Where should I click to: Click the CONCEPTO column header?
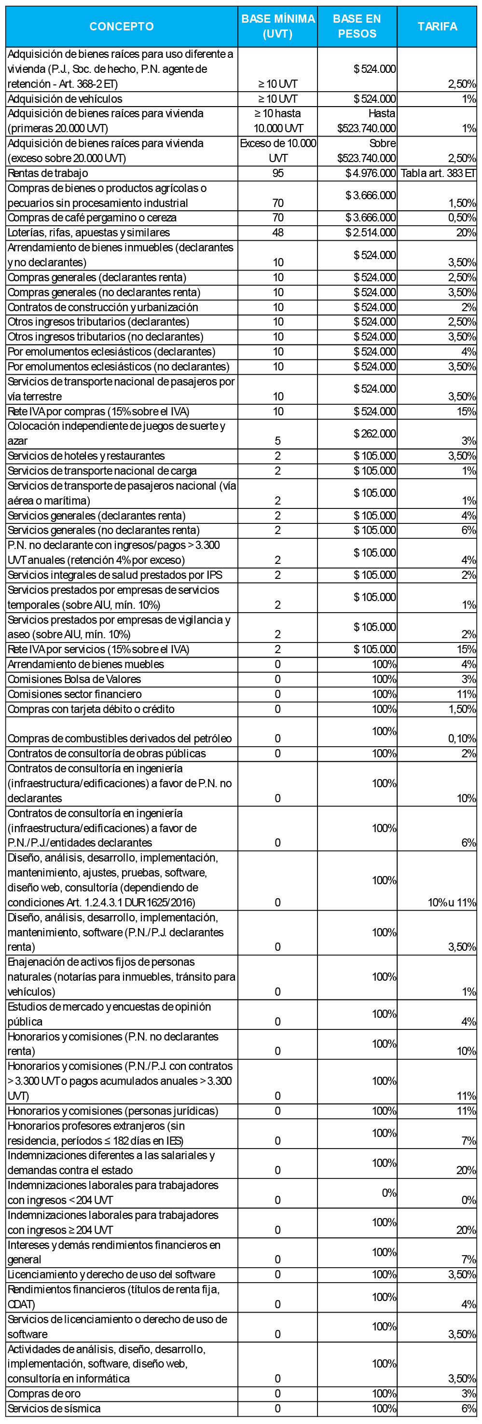coord(122,27)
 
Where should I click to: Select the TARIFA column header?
coord(437,27)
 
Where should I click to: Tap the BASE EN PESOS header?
coord(357,27)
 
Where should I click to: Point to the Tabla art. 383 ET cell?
coord(438,173)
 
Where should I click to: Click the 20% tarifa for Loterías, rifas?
coord(466,233)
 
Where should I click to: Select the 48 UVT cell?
coord(277,233)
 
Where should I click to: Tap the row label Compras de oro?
coord(44,1394)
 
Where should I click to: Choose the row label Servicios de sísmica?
coord(54,1409)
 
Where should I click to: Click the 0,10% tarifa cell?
coord(462,739)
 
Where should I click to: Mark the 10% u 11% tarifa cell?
coord(452,903)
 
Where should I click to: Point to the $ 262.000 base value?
coord(375,433)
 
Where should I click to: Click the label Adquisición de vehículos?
coord(65,99)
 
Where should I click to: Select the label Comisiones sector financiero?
coord(74,694)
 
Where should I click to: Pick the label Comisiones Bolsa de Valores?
coord(74,679)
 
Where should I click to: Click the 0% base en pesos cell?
coord(388,1192)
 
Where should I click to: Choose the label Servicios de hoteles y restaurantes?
coord(86,456)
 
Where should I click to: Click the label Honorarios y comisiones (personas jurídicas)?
coord(113,1110)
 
